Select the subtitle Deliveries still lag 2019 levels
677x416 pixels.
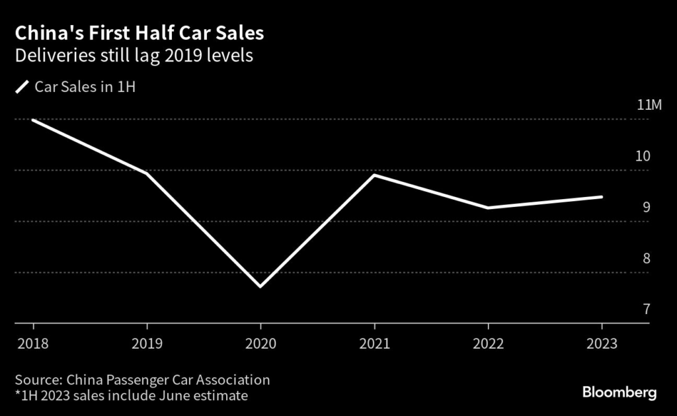click(x=134, y=56)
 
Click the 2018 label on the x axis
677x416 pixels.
click(x=32, y=344)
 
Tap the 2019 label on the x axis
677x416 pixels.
click(x=146, y=344)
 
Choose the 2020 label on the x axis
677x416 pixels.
click(x=260, y=344)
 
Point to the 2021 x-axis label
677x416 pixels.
click(x=374, y=344)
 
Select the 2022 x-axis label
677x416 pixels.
click(x=488, y=344)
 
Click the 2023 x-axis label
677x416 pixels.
click(x=602, y=344)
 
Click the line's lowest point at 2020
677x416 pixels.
click(x=260, y=286)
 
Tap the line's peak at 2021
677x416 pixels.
click(x=374, y=175)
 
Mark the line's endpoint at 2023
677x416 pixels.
click(x=602, y=196)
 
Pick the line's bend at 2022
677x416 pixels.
click(x=488, y=208)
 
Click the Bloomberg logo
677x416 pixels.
click(x=619, y=392)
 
